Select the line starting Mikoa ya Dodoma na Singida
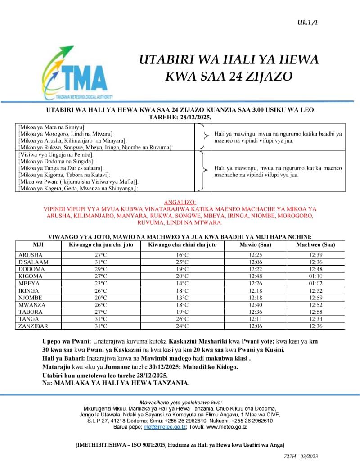[x=56, y=161]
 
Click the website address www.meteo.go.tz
[x=226, y=427]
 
